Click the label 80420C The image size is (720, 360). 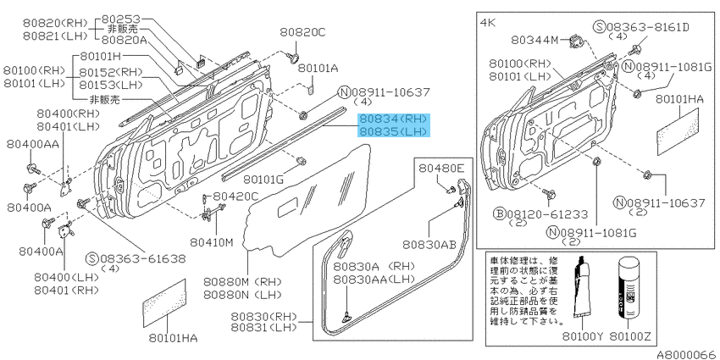(235, 197)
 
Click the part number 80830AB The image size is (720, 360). (434, 245)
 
